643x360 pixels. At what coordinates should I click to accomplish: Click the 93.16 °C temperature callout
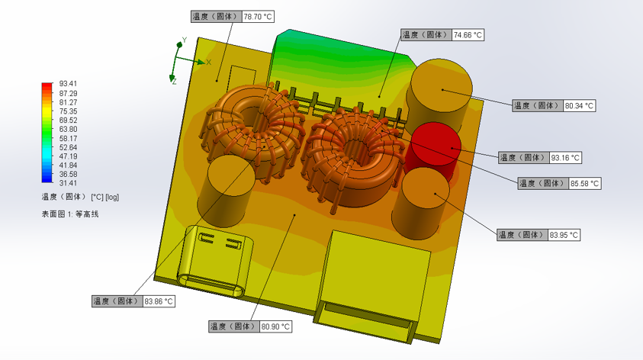[x=540, y=158]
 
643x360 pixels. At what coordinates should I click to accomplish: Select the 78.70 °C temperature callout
[x=233, y=17]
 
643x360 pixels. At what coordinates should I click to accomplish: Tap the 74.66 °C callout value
[x=468, y=35]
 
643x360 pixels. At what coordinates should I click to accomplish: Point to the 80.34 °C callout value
[x=579, y=106]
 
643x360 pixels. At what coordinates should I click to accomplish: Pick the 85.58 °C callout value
[x=585, y=184]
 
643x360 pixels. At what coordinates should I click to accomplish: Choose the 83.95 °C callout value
[x=564, y=236]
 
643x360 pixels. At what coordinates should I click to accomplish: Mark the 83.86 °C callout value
[x=159, y=302]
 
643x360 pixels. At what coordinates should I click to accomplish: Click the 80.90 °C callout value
[x=275, y=326]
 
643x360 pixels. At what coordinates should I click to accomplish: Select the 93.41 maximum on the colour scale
[x=68, y=84]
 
